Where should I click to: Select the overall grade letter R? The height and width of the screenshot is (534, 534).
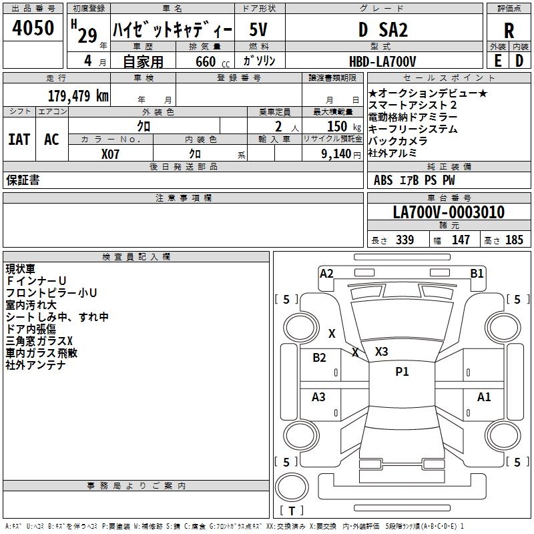[x=509, y=30]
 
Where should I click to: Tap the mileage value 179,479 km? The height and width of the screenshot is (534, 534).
[x=78, y=95]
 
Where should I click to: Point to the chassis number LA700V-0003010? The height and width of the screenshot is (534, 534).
[x=449, y=212]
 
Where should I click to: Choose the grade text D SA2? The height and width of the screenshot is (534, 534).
[x=382, y=29]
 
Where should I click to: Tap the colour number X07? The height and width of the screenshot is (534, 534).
[x=111, y=153]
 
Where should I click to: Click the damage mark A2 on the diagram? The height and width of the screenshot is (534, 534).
[x=326, y=273]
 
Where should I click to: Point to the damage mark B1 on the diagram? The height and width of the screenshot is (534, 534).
[x=477, y=273]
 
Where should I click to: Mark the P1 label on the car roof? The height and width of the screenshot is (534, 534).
[x=402, y=372]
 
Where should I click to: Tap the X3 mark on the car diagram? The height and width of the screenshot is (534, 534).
[x=382, y=351]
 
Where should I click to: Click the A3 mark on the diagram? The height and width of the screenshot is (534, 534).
[x=319, y=397]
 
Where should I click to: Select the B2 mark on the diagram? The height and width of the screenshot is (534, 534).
[x=320, y=357]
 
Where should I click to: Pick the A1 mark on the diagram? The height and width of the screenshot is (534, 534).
[x=484, y=397]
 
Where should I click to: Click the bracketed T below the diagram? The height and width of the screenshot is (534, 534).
[x=291, y=511]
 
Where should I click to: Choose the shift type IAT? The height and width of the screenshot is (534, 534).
[x=19, y=140]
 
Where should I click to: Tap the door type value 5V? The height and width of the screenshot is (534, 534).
[x=260, y=29]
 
